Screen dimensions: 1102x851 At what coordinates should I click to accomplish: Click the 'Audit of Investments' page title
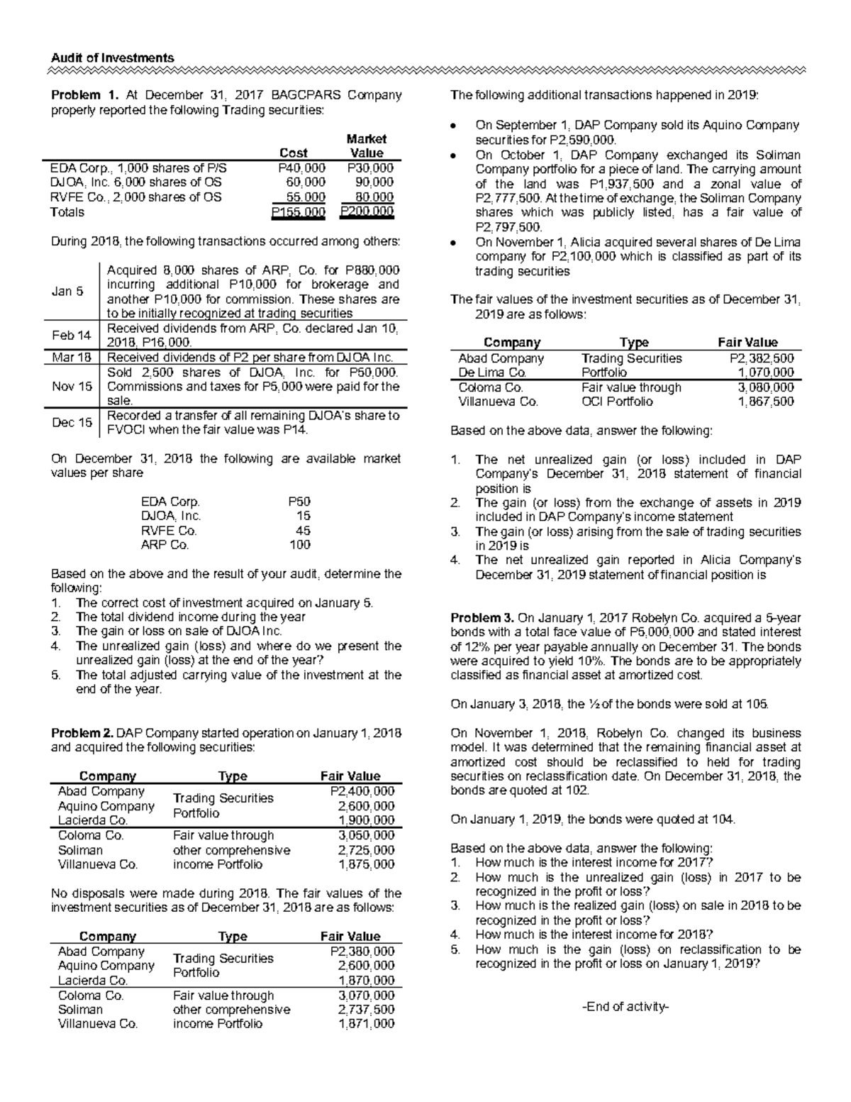pyautogui.click(x=112, y=58)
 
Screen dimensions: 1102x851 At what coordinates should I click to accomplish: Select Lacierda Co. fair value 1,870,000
pyautogui.click(x=366, y=981)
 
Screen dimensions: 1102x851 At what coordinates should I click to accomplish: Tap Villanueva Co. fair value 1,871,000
pyautogui.click(x=366, y=1024)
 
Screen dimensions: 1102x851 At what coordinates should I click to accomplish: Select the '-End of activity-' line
pyautogui.click(x=625, y=1007)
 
